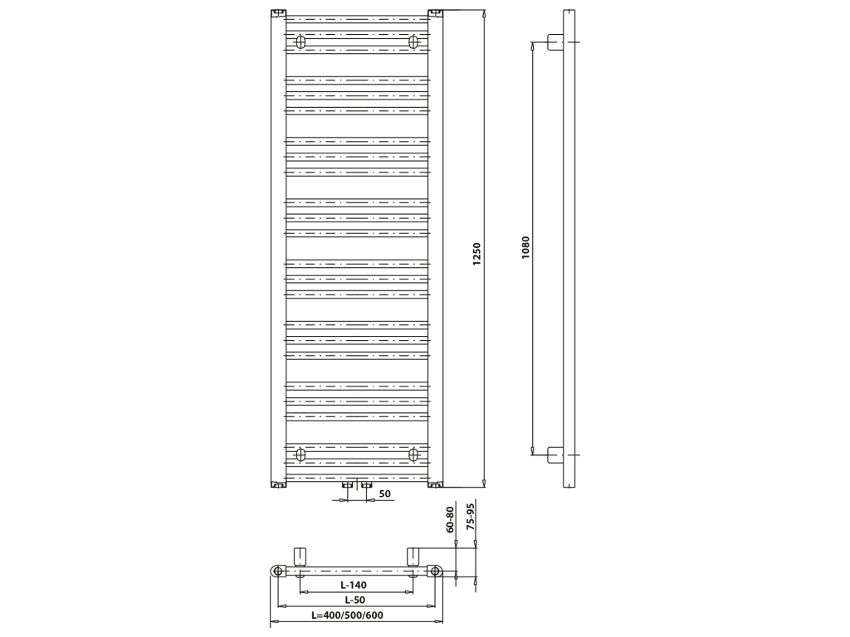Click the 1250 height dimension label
tap(476, 254)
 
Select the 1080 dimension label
tap(525, 247)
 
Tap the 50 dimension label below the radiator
tap(384, 494)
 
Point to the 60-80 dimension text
tap(449, 519)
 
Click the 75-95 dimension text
tap(470, 516)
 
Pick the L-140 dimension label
tap(354, 585)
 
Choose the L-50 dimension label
tap(355, 600)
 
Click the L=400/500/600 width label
tap(347, 615)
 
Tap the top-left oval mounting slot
tap(300, 41)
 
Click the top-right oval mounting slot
tap(413, 41)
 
